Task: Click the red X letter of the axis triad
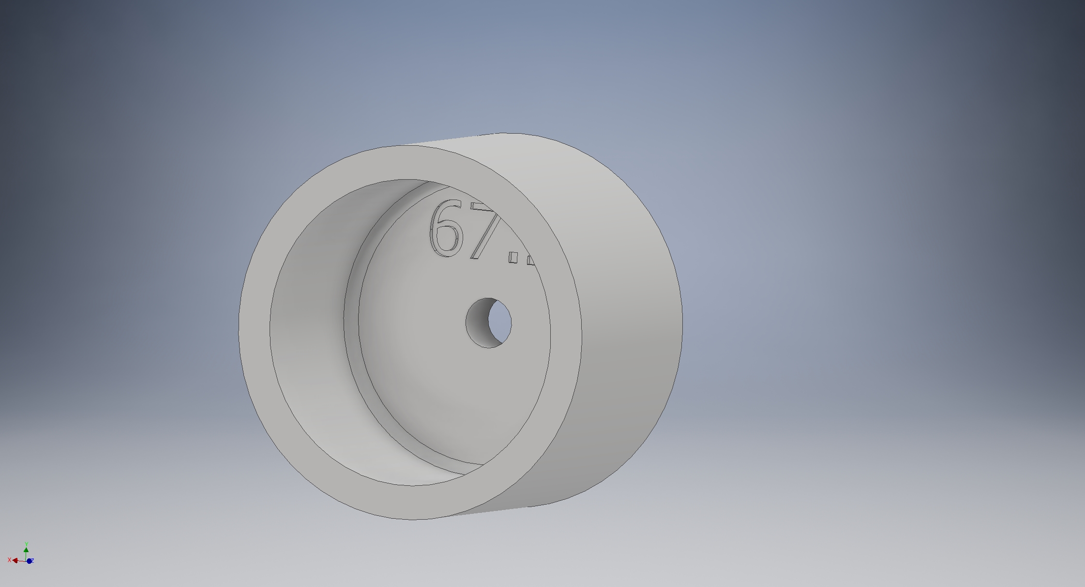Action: click(x=9, y=560)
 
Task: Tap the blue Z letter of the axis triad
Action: click(x=32, y=560)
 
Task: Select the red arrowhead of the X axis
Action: click(x=15, y=560)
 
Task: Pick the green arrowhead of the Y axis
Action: click(x=26, y=550)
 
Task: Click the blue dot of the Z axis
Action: click(x=29, y=561)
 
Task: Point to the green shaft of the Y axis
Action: click(x=26, y=556)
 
